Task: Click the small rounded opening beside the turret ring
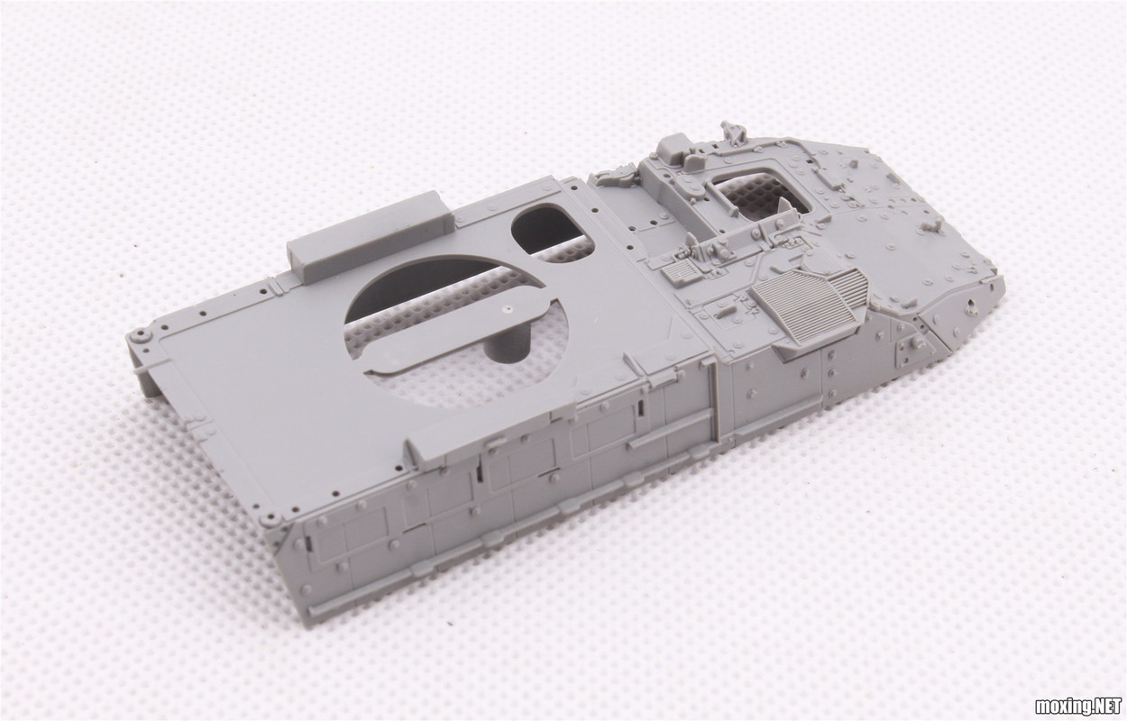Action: [x=551, y=232]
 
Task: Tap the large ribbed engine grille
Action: [x=810, y=305]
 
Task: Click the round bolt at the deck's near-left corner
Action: [x=275, y=518]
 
